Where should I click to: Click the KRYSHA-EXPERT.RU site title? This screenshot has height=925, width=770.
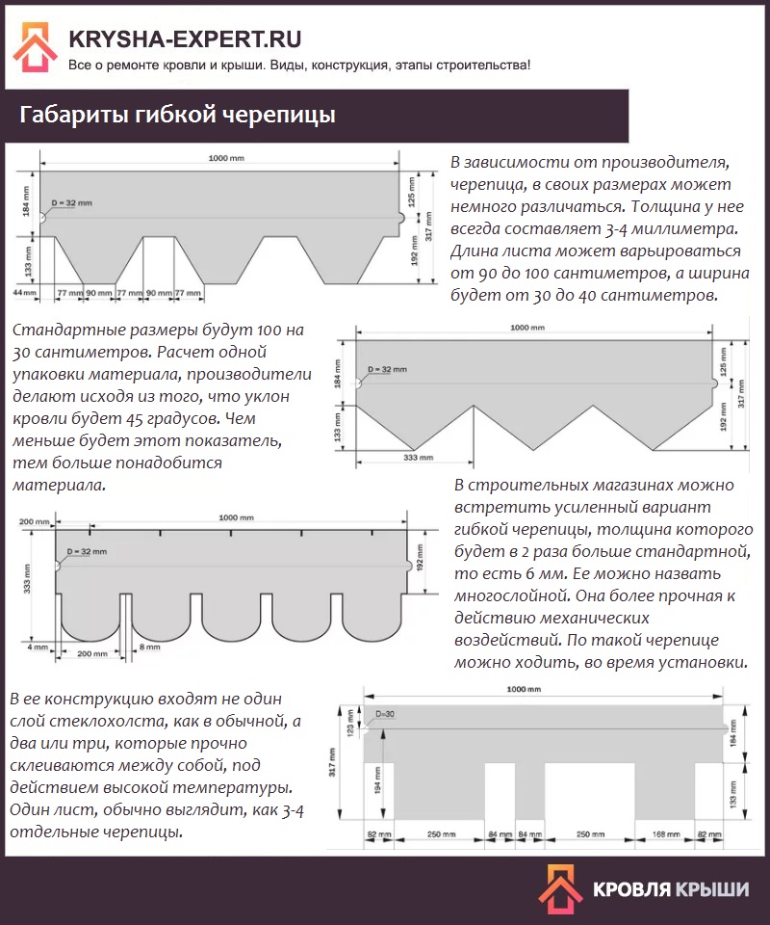click(x=185, y=39)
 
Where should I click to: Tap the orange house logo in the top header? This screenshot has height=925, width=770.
click(x=36, y=47)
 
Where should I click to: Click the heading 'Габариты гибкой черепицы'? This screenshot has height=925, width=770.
click(x=177, y=115)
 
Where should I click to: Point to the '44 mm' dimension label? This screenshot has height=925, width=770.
click(x=25, y=293)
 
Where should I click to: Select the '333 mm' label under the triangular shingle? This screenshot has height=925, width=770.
click(x=419, y=457)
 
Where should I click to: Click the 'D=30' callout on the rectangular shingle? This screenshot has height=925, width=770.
click(x=385, y=714)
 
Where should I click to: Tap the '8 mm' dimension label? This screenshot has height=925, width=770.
click(x=149, y=647)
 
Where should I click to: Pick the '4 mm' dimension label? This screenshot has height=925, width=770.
click(x=38, y=647)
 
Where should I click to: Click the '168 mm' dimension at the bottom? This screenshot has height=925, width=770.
click(x=666, y=834)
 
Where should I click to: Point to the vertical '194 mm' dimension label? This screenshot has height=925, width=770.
click(x=377, y=780)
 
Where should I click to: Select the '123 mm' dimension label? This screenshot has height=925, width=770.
click(x=351, y=722)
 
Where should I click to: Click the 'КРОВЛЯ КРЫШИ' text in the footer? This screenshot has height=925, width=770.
click(x=671, y=889)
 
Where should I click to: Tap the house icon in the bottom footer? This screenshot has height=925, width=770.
click(x=560, y=890)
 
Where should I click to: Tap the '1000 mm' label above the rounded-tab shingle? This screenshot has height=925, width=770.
click(x=236, y=517)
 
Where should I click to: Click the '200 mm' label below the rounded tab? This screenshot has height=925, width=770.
click(x=92, y=653)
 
